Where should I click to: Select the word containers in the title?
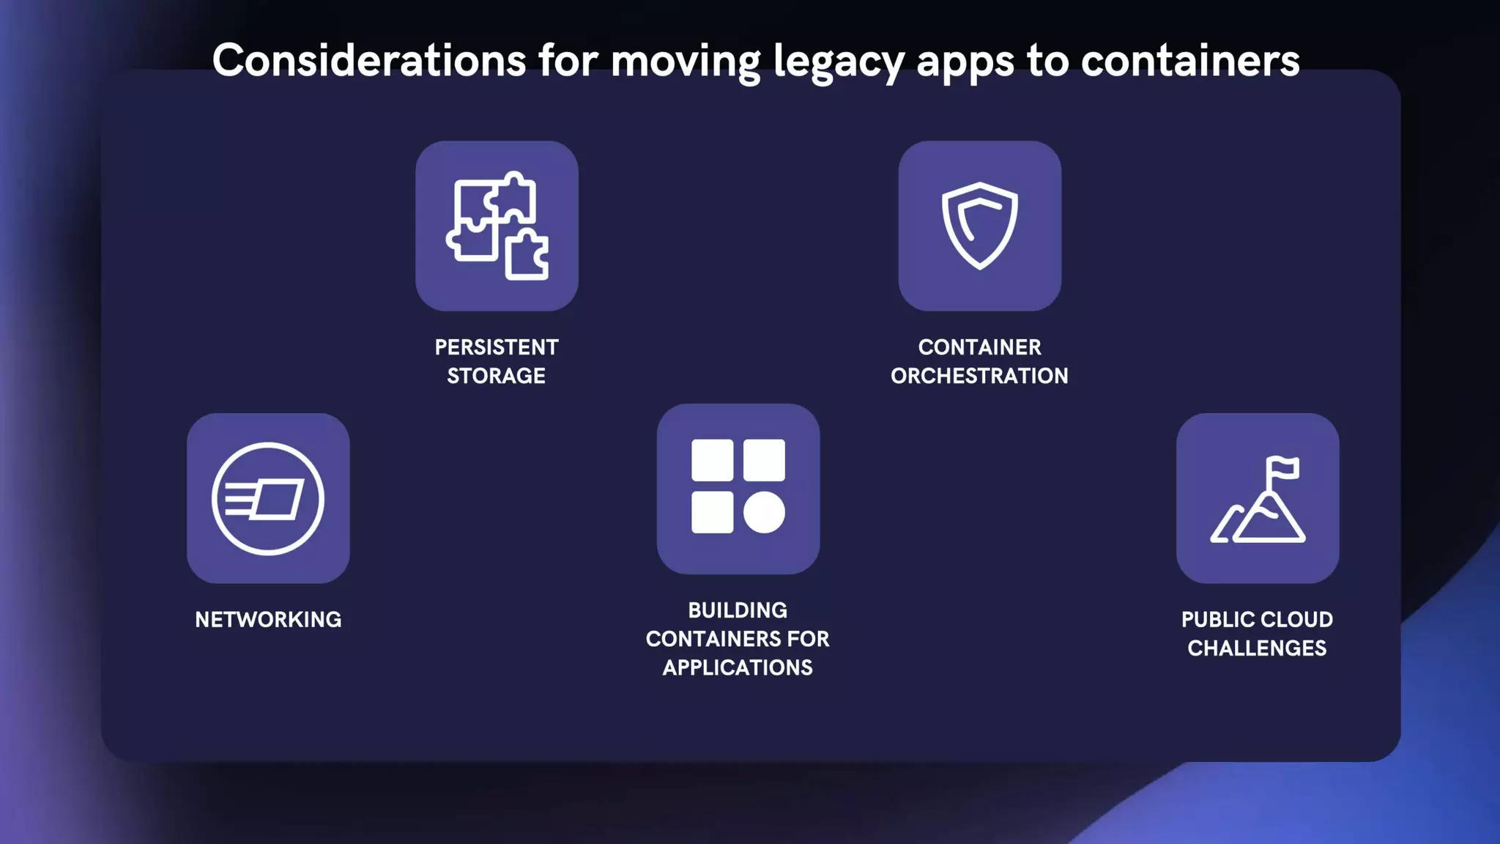(x=1190, y=60)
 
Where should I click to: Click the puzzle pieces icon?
(x=497, y=226)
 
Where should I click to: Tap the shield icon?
(x=979, y=225)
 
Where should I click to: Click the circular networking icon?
(x=268, y=499)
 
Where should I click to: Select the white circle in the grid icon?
(x=764, y=512)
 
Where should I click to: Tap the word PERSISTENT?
(x=497, y=347)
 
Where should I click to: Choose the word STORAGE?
(x=497, y=376)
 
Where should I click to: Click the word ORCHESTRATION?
(x=979, y=376)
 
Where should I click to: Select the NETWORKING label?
(x=268, y=620)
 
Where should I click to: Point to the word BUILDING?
(x=738, y=610)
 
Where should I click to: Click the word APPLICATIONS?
(x=738, y=667)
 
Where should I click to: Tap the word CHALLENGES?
(x=1257, y=648)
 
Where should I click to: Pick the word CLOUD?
(x=1296, y=620)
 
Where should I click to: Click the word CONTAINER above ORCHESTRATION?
(x=979, y=347)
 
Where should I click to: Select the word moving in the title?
(x=686, y=62)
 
